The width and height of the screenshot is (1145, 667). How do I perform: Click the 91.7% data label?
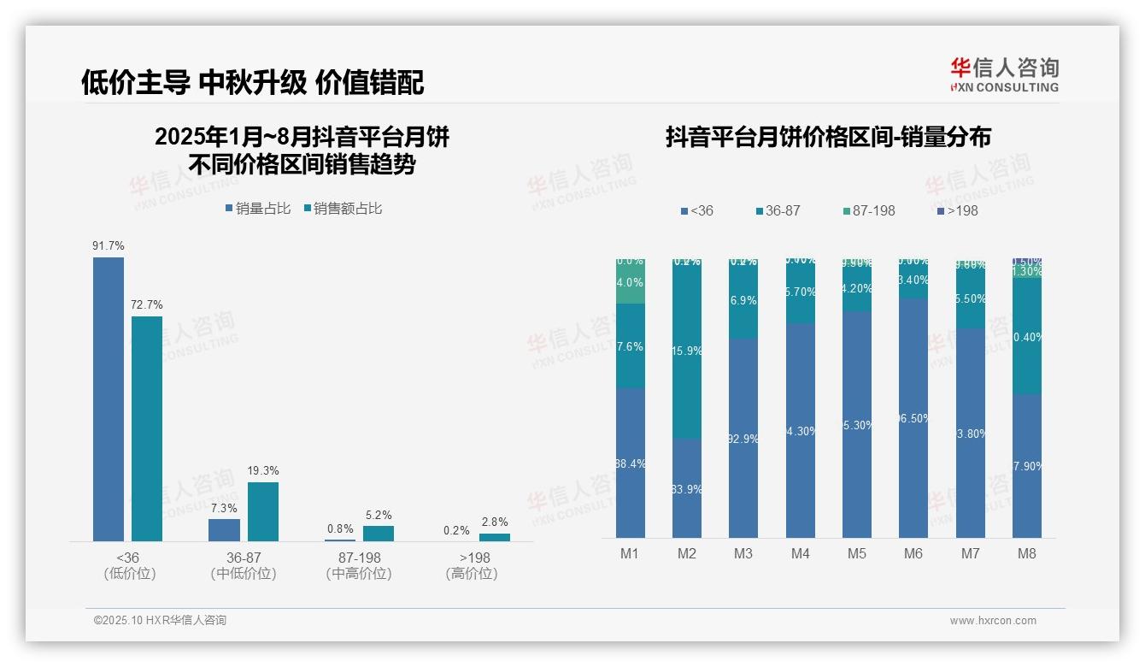coord(109,246)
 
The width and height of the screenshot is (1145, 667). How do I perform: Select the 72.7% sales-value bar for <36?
coord(147,428)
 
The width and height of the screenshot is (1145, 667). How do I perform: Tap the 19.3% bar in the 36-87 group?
coord(263,511)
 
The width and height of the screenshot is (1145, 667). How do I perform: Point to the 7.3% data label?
coord(224,508)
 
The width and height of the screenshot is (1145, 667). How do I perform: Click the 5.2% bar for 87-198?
coord(379,534)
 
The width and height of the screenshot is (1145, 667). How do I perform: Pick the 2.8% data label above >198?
coord(494,522)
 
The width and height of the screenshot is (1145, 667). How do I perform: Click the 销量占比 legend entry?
coord(258,209)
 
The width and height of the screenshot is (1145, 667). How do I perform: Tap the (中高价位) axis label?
coord(359,574)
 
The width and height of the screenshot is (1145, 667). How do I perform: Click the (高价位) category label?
coord(472,574)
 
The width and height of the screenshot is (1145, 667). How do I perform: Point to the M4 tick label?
coord(800,553)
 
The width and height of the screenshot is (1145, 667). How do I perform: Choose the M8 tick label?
coord(1027,553)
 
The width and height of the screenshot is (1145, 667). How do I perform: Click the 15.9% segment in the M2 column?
coord(687,351)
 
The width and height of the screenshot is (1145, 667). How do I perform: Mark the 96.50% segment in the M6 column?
coord(913,418)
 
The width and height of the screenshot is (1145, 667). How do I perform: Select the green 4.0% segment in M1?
coord(630,282)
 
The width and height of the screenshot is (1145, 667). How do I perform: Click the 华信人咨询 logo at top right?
coord(1004,74)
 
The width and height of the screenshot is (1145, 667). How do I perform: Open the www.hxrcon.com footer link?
coord(993,621)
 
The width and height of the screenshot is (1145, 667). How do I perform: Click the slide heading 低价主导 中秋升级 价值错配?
coord(252,83)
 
